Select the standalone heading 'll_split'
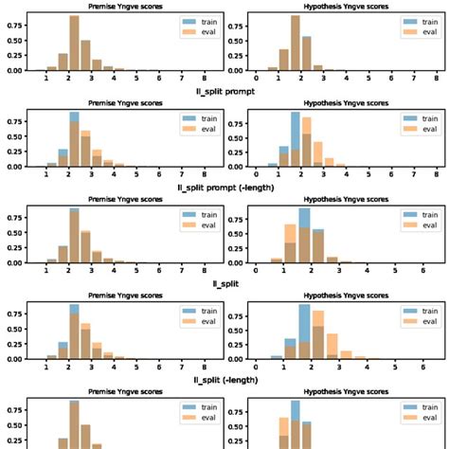224,282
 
